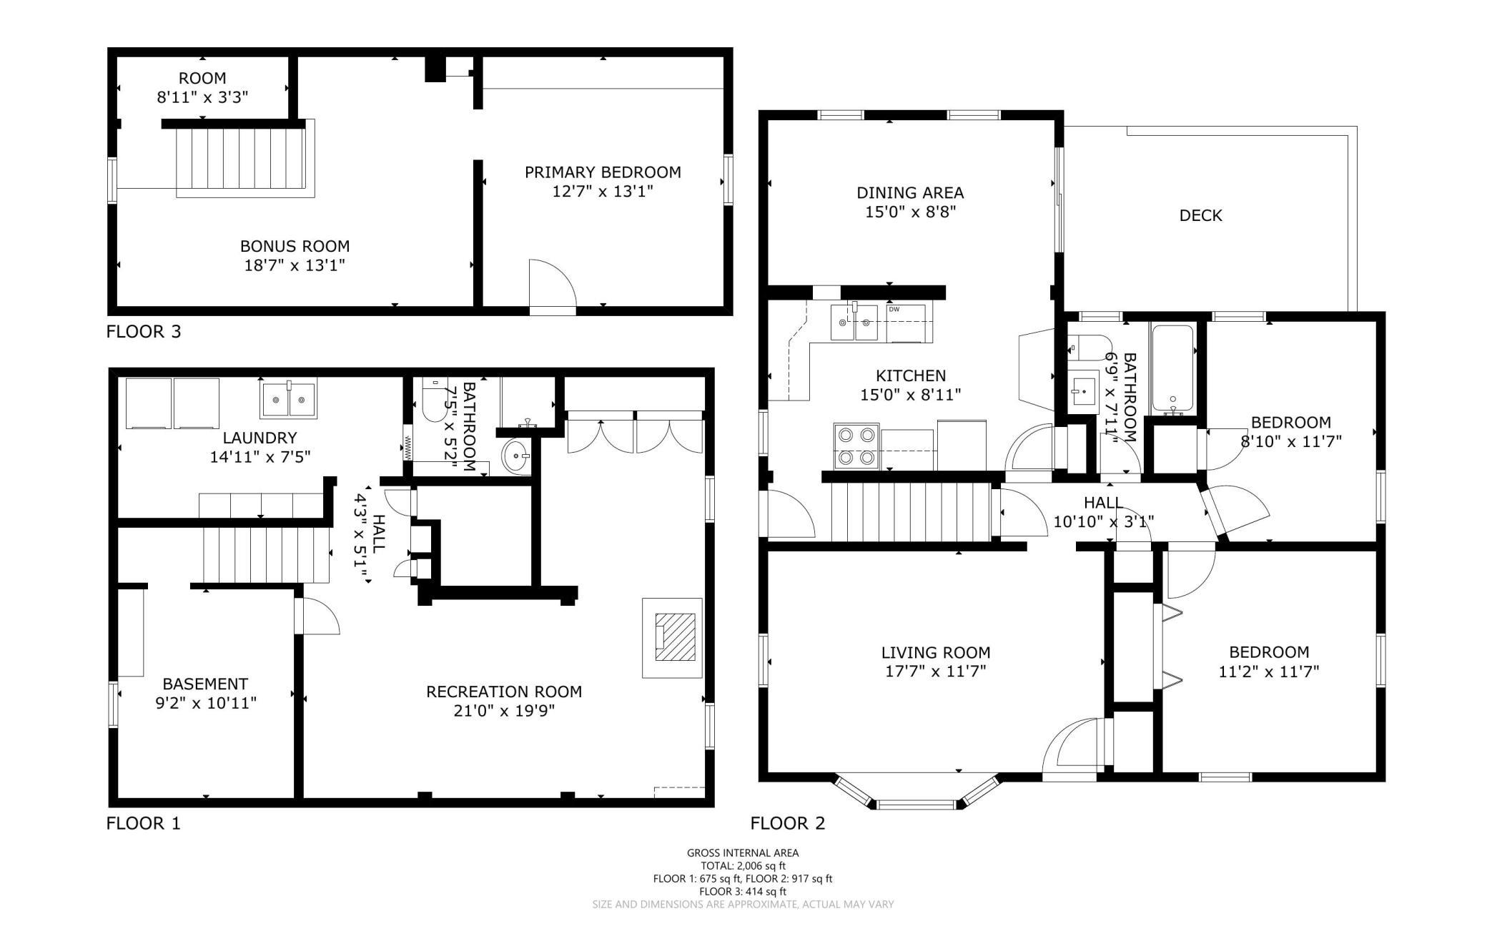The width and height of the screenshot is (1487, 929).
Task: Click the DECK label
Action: tap(1200, 215)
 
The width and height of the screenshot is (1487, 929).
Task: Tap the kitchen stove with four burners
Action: tap(856, 446)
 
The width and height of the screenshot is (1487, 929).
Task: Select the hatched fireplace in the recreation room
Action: tap(676, 637)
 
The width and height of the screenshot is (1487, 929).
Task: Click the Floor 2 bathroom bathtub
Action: tap(1173, 369)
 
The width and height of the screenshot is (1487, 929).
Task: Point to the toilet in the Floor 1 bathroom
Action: tap(433, 400)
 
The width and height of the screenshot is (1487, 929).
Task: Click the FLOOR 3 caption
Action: tap(144, 332)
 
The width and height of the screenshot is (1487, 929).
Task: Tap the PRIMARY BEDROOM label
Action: tap(603, 172)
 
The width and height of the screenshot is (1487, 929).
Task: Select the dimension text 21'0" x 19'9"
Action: tap(504, 711)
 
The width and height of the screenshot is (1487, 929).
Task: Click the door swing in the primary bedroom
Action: tap(552, 286)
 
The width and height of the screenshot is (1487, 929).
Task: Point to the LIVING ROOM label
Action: tap(936, 652)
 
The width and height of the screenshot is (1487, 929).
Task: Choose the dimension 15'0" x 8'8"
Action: tap(910, 212)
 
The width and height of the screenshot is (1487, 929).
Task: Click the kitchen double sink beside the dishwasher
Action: tap(854, 323)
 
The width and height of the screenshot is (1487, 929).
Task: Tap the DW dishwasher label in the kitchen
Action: tap(894, 309)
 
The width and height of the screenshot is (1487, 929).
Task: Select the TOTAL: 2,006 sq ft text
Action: tap(743, 866)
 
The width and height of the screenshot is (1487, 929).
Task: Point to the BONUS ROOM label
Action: tap(295, 246)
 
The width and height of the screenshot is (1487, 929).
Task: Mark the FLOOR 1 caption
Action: tap(144, 824)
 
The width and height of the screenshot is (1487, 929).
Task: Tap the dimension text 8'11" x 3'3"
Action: tap(202, 97)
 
